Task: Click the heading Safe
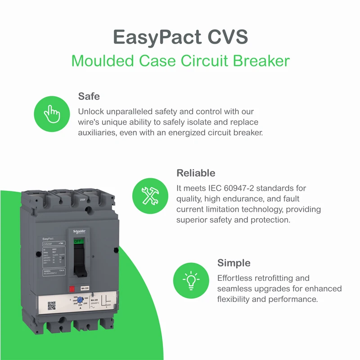click(x=89, y=96)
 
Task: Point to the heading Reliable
click(x=196, y=173)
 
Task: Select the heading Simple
click(x=234, y=263)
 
